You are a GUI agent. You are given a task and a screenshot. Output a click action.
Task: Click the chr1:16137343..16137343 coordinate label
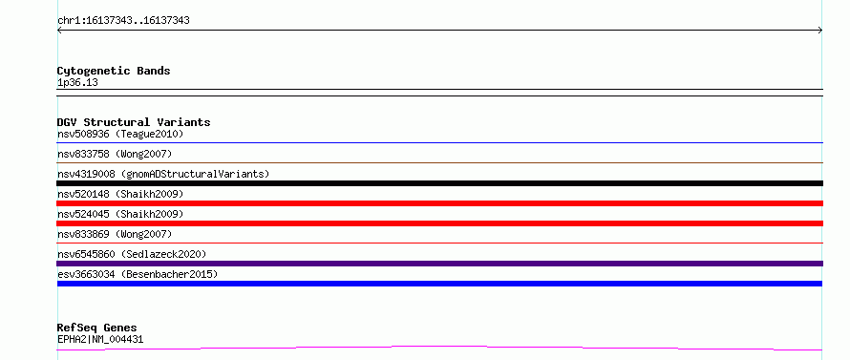click(x=123, y=21)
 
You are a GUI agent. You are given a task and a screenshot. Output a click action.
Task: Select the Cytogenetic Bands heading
click(x=114, y=71)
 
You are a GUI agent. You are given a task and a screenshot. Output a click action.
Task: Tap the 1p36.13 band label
click(x=77, y=83)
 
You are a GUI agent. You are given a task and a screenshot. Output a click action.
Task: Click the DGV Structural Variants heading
click(x=134, y=122)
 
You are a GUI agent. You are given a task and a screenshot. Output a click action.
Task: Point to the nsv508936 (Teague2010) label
click(x=120, y=134)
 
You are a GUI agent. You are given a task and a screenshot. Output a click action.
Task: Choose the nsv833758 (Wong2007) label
click(x=115, y=155)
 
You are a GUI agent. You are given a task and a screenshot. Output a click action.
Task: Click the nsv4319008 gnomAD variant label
click(x=163, y=175)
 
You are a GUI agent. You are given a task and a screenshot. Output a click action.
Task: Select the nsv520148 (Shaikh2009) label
click(x=120, y=194)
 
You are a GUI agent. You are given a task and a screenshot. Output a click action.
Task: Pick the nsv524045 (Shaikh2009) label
click(x=120, y=214)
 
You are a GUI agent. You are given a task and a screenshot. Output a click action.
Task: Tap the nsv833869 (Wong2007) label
click(x=115, y=234)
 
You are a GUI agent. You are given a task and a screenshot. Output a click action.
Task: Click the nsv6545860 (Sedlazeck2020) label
click(x=132, y=254)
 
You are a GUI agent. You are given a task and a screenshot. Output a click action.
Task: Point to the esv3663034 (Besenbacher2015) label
click(x=138, y=275)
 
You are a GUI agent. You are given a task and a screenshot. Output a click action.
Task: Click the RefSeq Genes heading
click(x=97, y=328)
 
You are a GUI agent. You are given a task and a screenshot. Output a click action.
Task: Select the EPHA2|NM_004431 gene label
click(x=100, y=340)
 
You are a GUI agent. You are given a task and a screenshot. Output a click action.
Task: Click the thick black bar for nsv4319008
click(x=439, y=183)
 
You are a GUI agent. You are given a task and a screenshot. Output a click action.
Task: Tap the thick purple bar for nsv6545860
click(x=439, y=264)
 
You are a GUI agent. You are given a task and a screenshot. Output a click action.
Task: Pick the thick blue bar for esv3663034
click(x=439, y=284)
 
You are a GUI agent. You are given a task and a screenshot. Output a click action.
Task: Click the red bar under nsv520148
click(x=439, y=203)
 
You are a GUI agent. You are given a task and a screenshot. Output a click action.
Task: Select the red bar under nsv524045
click(x=439, y=223)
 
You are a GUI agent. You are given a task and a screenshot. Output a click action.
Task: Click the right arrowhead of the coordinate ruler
click(x=821, y=31)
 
